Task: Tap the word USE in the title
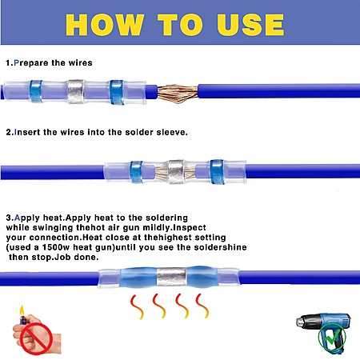[250, 25]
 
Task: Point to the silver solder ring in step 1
[75, 91]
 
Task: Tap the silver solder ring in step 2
[176, 171]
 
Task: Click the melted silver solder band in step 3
[171, 277]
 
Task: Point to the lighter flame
[22, 311]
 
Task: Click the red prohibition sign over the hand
[36, 339]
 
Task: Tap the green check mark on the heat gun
[332, 337]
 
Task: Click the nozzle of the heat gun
[301, 321]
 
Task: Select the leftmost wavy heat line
[137, 306]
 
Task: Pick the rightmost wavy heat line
[202, 306]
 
